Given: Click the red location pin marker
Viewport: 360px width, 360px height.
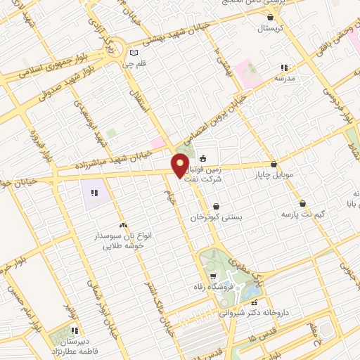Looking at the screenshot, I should coord(180,166).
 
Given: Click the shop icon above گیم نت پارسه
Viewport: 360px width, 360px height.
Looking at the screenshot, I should coord(302,203).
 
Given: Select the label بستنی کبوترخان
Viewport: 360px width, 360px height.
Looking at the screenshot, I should coord(217,218).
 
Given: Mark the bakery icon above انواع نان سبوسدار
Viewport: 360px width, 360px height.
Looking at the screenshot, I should coord(124,226).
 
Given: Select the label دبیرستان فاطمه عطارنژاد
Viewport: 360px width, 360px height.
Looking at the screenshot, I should coord(75,342).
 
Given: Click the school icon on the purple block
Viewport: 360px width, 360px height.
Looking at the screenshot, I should coord(94,191).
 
